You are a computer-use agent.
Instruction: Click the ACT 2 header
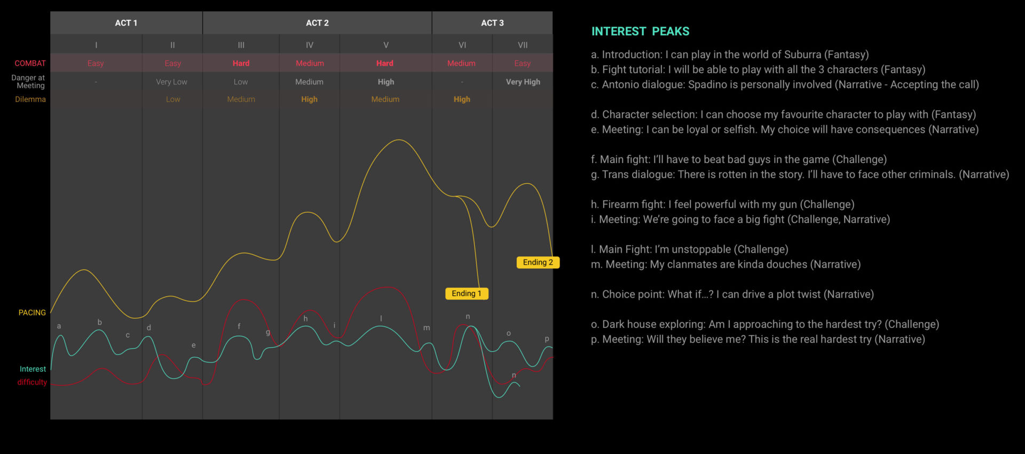(317, 23)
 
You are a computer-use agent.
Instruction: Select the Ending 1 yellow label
(467, 293)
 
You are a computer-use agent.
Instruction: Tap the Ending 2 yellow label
(538, 262)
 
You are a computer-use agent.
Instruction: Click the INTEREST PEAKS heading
(640, 32)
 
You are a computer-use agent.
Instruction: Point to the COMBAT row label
(30, 63)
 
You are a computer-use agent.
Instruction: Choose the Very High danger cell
(523, 82)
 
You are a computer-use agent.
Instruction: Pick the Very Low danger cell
(171, 82)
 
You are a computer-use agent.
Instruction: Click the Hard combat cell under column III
(241, 63)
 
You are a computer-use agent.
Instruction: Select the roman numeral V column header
(386, 45)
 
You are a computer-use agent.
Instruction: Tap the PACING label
(32, 312)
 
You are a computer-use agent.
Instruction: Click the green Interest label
(33, 369)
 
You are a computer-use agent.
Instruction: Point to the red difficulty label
(32, 382)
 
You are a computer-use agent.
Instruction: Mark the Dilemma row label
(30, 99)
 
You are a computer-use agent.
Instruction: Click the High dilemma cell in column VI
(462, 99)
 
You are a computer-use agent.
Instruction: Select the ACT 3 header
(492, 23)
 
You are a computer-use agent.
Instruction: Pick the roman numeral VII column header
(523, 45)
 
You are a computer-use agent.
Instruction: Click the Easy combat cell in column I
(96, 63)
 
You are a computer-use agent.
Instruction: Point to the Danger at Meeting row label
(28, 81)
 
